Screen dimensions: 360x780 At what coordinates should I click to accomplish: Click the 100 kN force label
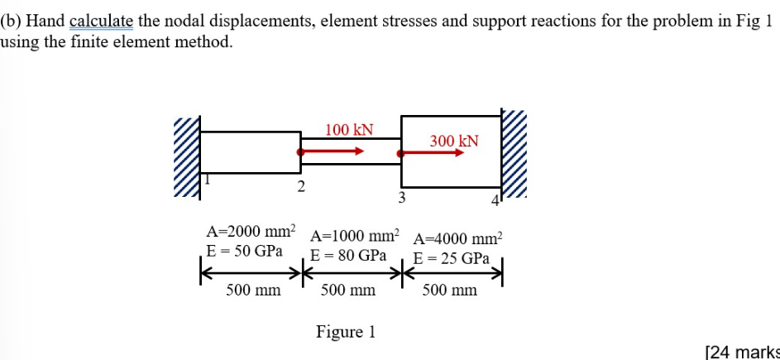coord(349,130)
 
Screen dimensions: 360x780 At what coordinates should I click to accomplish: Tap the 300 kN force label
coord(454,141)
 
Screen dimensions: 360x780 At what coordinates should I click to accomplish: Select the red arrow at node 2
coord(331,151)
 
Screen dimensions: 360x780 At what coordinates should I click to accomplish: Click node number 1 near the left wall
coord(208,180)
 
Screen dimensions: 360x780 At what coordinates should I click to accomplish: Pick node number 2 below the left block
coord(302,186)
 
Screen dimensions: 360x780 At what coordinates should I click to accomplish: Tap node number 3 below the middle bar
coord(401,197)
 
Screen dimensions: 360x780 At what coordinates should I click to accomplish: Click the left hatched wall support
coord(187,158)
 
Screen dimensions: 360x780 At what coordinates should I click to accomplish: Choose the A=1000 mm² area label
coord(355,235)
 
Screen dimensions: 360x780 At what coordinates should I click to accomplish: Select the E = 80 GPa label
coord(348,256)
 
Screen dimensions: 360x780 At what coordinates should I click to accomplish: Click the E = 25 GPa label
coord(451,258)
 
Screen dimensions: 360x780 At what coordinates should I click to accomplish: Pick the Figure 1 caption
coord(346,332)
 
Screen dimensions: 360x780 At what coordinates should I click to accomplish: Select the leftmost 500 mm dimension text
coord(253,290)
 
